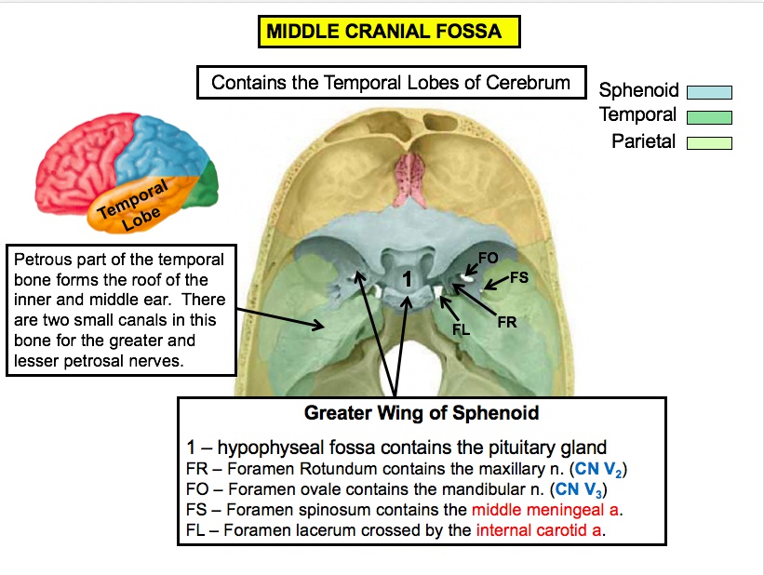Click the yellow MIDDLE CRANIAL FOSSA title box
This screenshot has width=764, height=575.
[388, 32]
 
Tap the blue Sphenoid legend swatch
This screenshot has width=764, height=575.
[709, 91]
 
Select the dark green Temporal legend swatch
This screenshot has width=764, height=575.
[709, 117]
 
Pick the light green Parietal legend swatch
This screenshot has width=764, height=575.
[709, 143]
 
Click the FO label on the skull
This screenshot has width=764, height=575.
[488, 257]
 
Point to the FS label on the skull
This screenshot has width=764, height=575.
[519, 278]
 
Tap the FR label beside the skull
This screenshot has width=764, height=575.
[506, 322]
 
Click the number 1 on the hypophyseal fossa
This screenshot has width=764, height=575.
[407, 278]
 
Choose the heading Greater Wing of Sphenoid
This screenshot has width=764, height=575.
[422, 412]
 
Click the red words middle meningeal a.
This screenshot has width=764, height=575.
[547, 510]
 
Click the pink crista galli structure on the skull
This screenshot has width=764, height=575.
[408, 178]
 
